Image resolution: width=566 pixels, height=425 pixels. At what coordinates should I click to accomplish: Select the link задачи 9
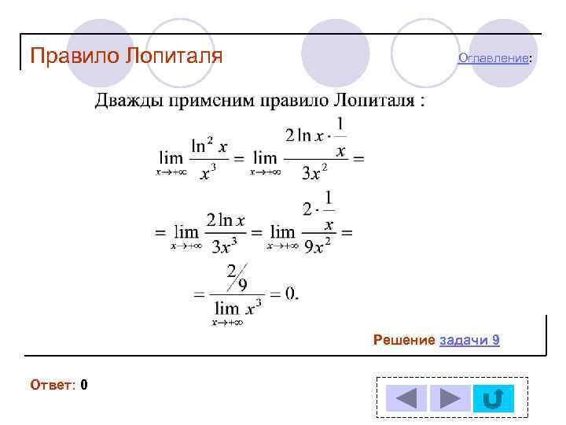pyautogui.click(x=469, y=340)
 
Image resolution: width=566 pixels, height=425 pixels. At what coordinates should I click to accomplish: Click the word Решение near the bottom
pyautogui.click(x=404, y=340)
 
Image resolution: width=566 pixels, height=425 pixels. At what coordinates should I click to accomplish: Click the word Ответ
pyautogui.click(x=52, y=385)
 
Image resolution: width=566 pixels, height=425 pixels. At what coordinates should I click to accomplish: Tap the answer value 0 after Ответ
pyautogui.click(x=83, y=385)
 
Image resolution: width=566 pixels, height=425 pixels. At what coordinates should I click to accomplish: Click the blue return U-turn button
pyautogui.click(x=493, y=398)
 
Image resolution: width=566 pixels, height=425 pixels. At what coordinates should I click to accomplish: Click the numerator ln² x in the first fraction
pyautogui.click(x=209, y=146)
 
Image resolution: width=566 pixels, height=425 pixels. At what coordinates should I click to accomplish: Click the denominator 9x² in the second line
pyautogui.click(x=317, y=246)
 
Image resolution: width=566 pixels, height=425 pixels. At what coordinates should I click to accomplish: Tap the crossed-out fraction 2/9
pyautogui.click(x=237, y=278)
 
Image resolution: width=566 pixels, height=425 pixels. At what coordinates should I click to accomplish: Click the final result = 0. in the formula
pyautogui.click(x=284, y=294)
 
